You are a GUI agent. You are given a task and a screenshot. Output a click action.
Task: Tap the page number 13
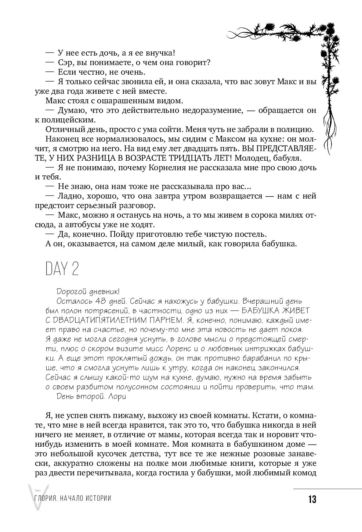312,500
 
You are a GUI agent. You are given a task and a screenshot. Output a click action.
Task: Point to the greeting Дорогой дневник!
87,291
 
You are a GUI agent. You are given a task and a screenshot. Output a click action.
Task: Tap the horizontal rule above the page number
327,489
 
